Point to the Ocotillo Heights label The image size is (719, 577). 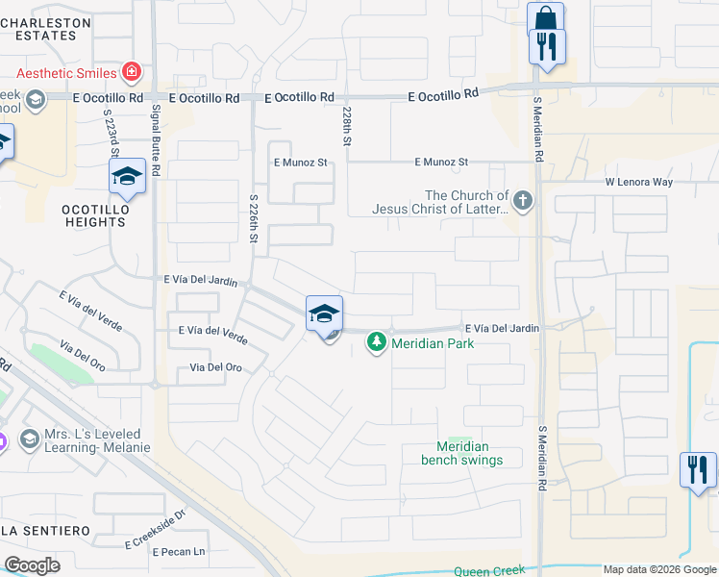pos(94,214)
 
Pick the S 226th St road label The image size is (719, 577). pos(254,221)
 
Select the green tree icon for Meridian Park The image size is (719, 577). pos(378,342)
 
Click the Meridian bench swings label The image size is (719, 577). pos(461,453)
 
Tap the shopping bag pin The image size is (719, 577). pos(545,19)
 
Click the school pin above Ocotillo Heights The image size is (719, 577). pos(126,176)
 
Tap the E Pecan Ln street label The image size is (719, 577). pos(172,552)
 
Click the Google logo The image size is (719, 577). pos(32,565)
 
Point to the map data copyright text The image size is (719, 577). pos(658,569)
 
